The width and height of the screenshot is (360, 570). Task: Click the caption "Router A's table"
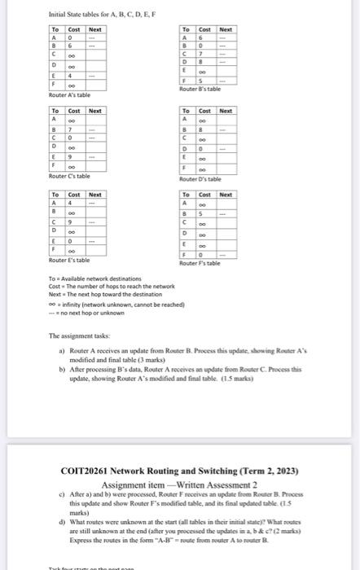tap(69, 95)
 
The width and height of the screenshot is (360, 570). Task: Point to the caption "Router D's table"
tap(200, 178)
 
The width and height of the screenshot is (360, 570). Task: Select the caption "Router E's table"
tap(69, 260)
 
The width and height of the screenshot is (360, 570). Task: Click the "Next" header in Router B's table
tap(225, 29)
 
